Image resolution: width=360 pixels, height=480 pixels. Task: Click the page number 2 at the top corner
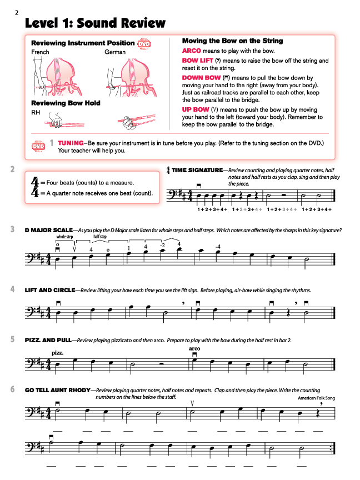[x=17, y=12]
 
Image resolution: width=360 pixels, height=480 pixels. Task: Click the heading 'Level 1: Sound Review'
[x=95, y=23]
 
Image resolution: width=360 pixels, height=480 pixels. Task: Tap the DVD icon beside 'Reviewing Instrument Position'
[x=144, y=43]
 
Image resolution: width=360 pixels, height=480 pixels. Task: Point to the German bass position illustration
[x=126, y=76]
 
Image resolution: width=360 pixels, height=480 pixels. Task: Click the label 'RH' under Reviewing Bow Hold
[x=35, y=112]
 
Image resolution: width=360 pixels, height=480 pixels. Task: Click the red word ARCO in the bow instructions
[x=191, y=51]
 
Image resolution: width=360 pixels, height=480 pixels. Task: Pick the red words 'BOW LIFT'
[x=197, y=61]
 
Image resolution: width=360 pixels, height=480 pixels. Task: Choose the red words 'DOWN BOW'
[x=201, y=78]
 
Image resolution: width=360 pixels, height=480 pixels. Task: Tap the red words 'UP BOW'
[x=194, y=110]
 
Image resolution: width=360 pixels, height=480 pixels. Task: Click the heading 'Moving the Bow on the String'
[x=232, y=41]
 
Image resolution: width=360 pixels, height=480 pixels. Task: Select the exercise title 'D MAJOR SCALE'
[x=48, y=230]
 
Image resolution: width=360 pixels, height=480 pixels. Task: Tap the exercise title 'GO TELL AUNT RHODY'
[x=57, y=391]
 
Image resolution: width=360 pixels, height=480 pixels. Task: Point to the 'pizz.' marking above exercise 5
[x=57, y=353]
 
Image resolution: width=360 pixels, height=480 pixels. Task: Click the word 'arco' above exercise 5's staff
[x=194, y=348]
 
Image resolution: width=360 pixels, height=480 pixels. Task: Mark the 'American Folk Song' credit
[x=316, y=398]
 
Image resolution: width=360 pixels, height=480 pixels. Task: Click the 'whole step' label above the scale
[x=64, y=237]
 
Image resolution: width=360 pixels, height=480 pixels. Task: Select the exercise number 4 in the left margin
[x=12, y=289]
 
